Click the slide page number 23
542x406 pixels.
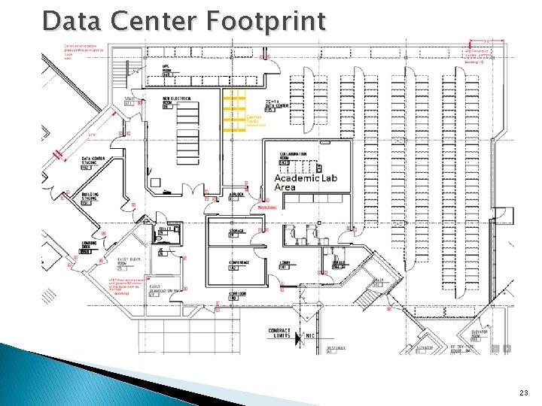pyautogui.click(x=524, y=393)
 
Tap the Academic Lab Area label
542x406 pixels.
pyautogui.click(x=306, y=183)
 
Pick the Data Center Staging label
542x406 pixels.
pyautogui.click(x=93, y=162)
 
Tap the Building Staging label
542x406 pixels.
pyautogui.click(x=90, y=198)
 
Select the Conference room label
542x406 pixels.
pyautogui.click(x=239, y=265)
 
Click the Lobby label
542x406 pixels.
pyautogui.click(x=285, y=265)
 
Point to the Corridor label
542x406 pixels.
pyautogui.click(x=238, y=297)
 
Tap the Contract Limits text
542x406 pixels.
pyautogui.click(x=279, y=334)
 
